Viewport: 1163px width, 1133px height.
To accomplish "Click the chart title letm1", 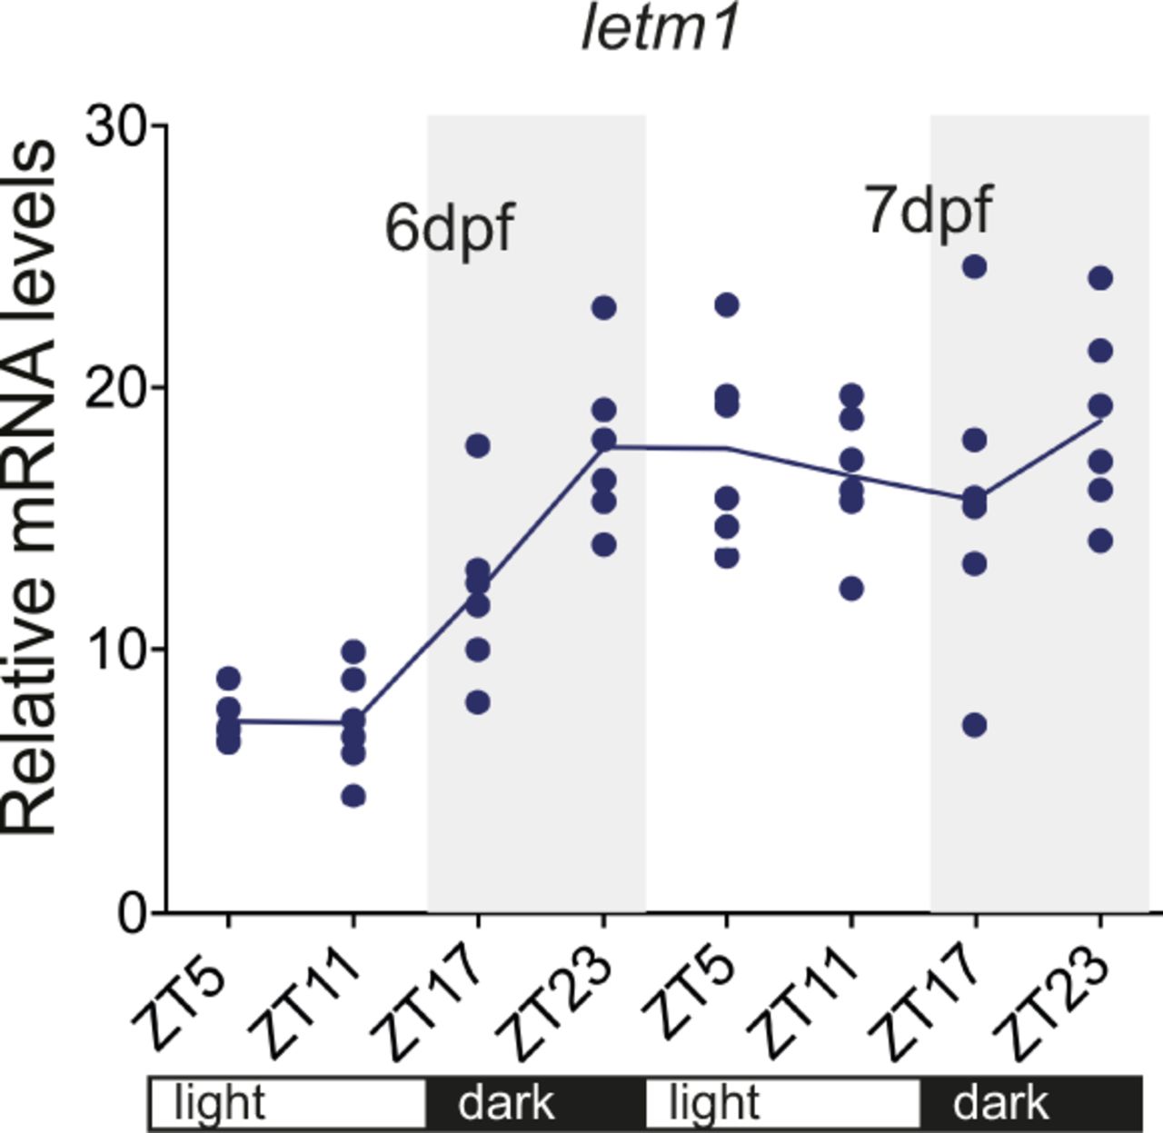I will [660, 30].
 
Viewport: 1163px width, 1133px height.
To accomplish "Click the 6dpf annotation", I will [450, 228].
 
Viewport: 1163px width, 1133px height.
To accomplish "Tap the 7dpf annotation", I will [928, 210].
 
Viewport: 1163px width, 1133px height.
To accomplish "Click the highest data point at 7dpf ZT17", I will [975, 267].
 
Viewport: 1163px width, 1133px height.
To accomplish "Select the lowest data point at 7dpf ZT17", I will [975, 725].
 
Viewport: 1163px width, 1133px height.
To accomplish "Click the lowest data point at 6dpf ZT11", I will [353, 796].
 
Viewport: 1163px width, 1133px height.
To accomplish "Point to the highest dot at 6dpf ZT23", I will [604, 308].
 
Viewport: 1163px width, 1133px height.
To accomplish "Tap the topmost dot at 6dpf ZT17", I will [478, 445].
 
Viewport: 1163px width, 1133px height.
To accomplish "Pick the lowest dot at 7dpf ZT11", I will [851, 589].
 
